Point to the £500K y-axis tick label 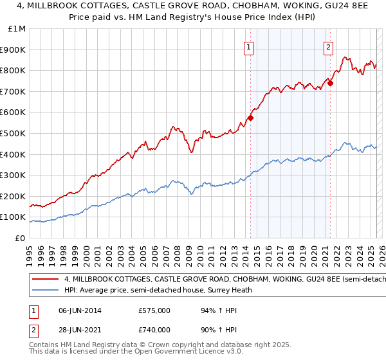coord(14,133)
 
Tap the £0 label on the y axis coord(21,238)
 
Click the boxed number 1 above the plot coord(249,46)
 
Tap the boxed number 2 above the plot coord(328,46)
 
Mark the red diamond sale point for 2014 coord(250,118)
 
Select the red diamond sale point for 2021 coord(330,83)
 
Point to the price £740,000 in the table coord(154,329)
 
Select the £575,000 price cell coord(154,310)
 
